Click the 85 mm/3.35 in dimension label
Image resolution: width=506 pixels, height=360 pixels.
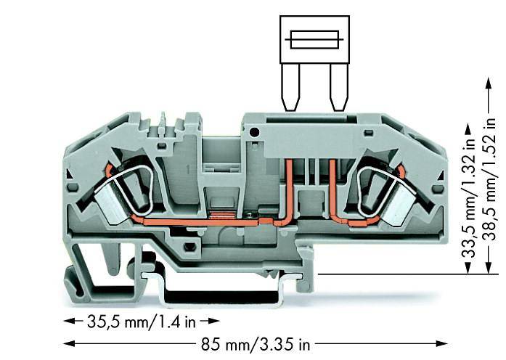(x=256, y=344)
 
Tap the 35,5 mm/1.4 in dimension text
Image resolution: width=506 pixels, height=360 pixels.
(x=142, y=322)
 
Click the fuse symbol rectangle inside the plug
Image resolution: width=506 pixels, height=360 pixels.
(x=314, y=40)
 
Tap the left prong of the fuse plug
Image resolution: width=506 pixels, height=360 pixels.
(x=290, y=87)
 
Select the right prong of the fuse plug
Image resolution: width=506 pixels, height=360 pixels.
(x=340, y=87)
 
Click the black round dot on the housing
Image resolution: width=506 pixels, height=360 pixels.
(x=255, y=132)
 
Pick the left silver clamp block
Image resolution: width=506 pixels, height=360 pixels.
(x=110, y=206)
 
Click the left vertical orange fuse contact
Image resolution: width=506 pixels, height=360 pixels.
(x=289, y=190)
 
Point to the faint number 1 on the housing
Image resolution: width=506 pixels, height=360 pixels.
(x=189, y=169)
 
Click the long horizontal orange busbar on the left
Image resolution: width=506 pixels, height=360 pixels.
(x=200, y=222)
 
